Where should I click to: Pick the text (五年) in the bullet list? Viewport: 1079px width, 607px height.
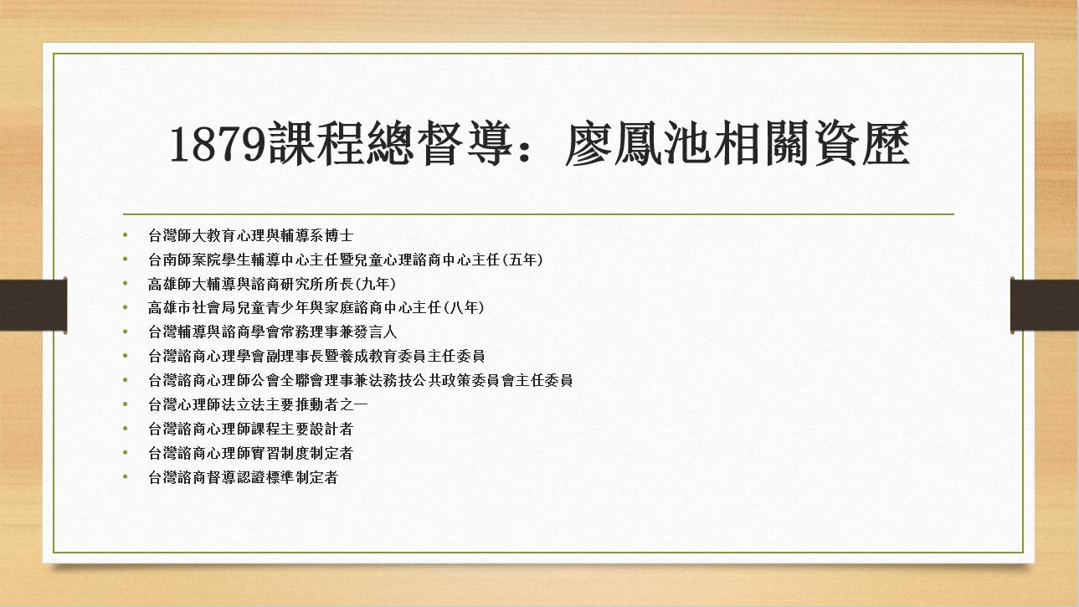(x=526, y=260)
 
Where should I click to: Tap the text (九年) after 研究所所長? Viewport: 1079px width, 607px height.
(x=378, y=284)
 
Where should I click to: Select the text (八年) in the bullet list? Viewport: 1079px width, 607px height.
(x=466, y=308)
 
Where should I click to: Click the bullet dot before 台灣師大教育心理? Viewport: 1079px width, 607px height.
(x=126, y=235)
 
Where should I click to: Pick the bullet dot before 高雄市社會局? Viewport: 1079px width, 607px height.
(x=126, y=308)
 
